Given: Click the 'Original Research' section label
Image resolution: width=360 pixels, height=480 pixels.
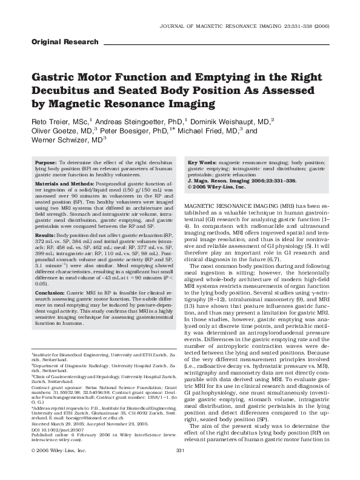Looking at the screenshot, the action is (64, 42).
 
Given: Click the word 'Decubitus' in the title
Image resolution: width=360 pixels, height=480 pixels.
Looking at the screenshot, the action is (57, 92).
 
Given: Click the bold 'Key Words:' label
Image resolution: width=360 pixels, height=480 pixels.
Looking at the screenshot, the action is (202, 164).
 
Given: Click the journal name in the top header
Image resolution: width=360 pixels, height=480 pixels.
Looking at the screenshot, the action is (233, 27).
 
